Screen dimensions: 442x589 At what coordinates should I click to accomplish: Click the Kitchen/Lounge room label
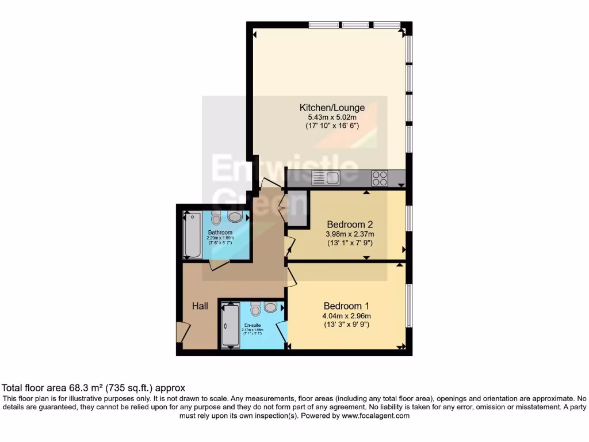[x=332, y=108]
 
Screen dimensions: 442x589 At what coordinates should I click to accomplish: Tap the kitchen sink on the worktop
[x=326, y=178]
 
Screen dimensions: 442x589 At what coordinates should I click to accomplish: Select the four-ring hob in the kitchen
[x=380, y=178]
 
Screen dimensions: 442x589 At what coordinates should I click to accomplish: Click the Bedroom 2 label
[x=350, y=224]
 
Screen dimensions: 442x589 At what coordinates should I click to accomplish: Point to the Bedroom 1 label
[x=346, y=306]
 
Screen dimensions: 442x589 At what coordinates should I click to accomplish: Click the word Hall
[x=200, y=306]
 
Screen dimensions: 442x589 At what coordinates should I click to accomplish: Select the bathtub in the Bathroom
[x=192, y=236]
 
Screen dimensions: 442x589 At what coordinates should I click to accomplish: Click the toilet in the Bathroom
[x=216, y=218]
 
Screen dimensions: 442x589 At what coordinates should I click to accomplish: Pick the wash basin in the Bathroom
[x=235, y=217]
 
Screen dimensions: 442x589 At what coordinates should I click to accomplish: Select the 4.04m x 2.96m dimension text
[x=346, y=315]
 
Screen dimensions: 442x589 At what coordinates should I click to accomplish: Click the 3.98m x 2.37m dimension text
[x=350, y=234]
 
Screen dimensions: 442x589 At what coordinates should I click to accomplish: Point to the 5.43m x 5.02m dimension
[x=332, y=117]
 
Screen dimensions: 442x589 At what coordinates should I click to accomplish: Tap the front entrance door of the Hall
[x=183, y=332]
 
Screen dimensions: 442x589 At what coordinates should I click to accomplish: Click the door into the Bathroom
[x=219, y=264]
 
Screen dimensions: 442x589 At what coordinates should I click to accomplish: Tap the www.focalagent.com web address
[x=375, y=416]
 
